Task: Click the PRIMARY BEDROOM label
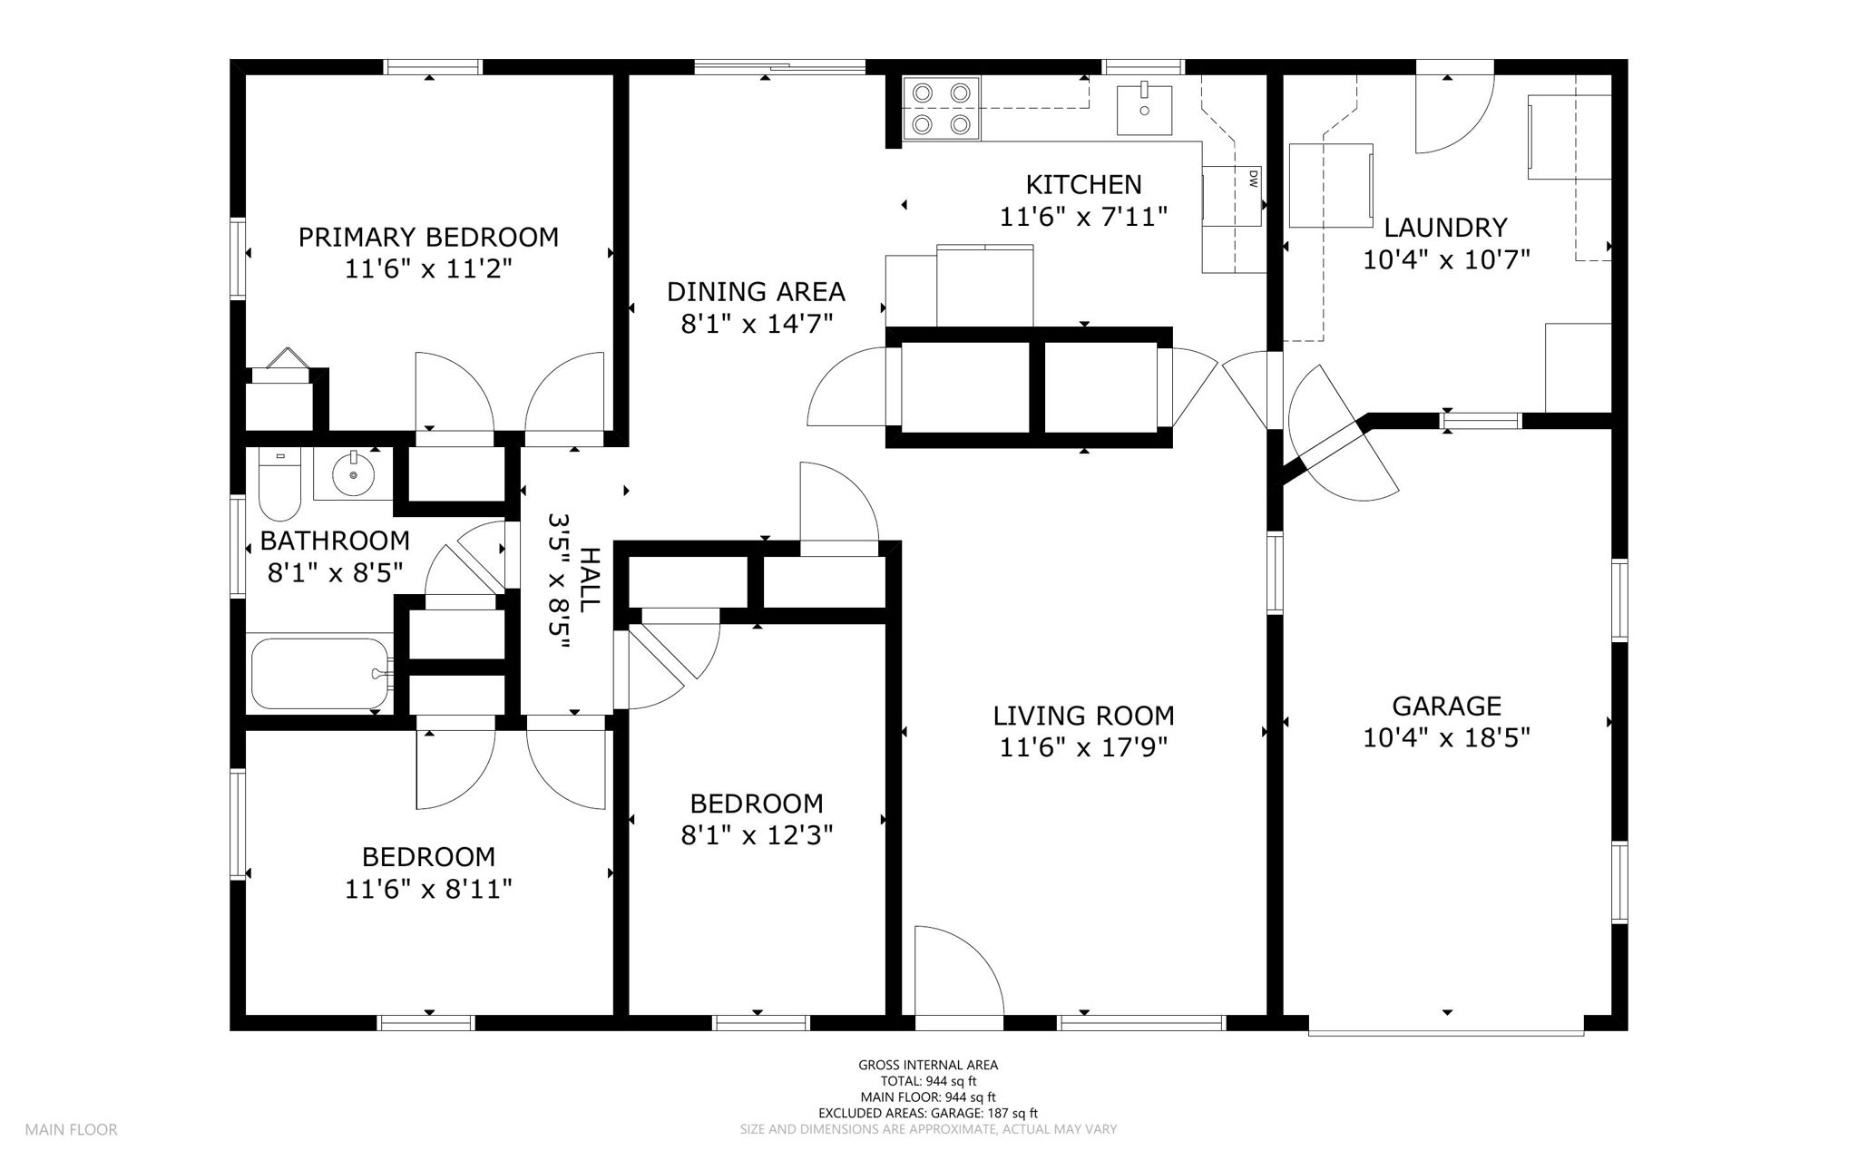[428, 238]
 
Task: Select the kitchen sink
[1143, 108]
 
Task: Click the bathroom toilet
[279, 483]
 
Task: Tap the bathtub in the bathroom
[322, 673]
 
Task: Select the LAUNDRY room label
[1446, 228]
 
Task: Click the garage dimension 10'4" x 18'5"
[1446, 738]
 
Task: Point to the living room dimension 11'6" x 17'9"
[1083, 747]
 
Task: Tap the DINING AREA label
[756, 292]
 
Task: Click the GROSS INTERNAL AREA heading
[928, 1066]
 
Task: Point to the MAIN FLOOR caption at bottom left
[71, 1130]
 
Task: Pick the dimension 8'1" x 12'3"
[757, 834]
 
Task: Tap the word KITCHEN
[1083, 185]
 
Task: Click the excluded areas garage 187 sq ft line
[928, 1113]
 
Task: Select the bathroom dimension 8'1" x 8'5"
[335, 573]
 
